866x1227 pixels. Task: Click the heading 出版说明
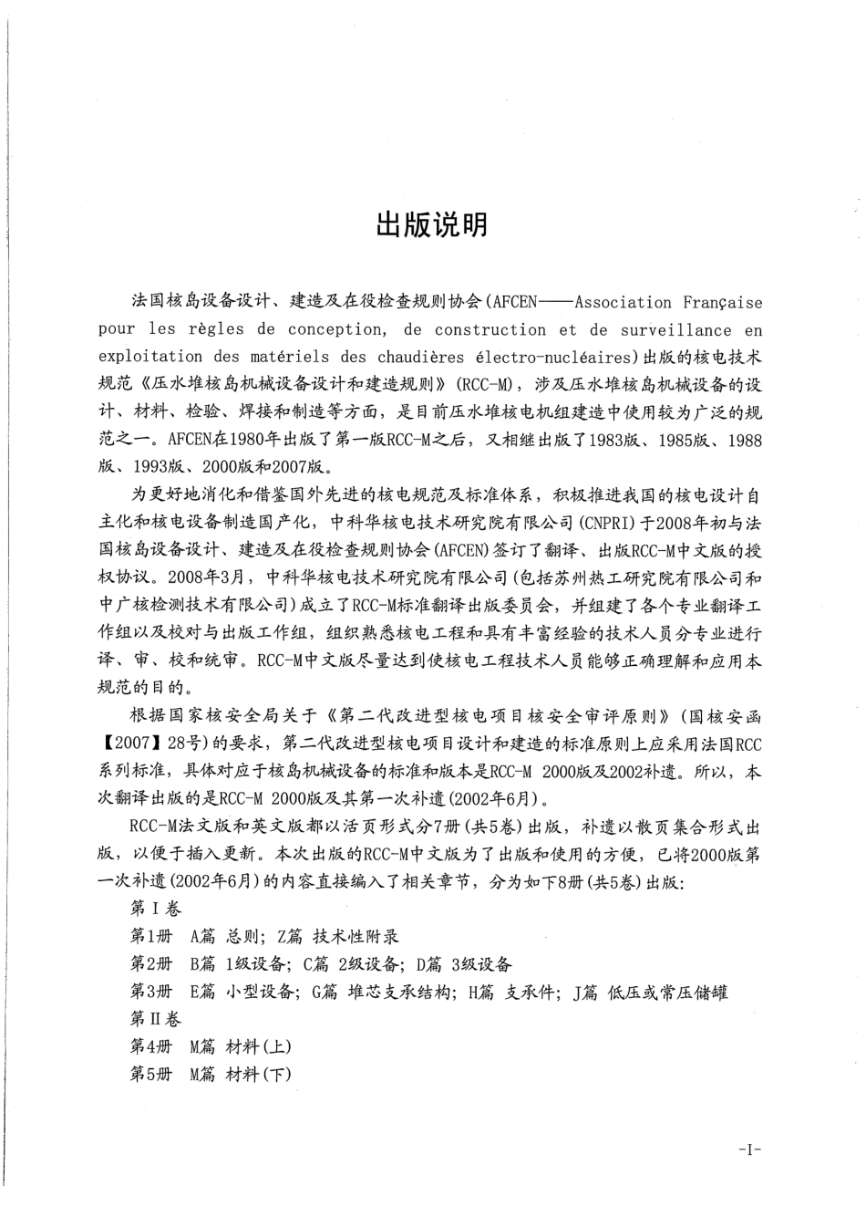(x=432, y=225)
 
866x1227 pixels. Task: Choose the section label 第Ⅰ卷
(x=156, y=909)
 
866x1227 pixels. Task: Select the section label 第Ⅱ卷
(x=156, y=1019)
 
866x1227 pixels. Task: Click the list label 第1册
(x=151, y=937)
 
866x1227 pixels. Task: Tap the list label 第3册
(x=151, y=992)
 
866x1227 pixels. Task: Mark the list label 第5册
(x=151, y=1074)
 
